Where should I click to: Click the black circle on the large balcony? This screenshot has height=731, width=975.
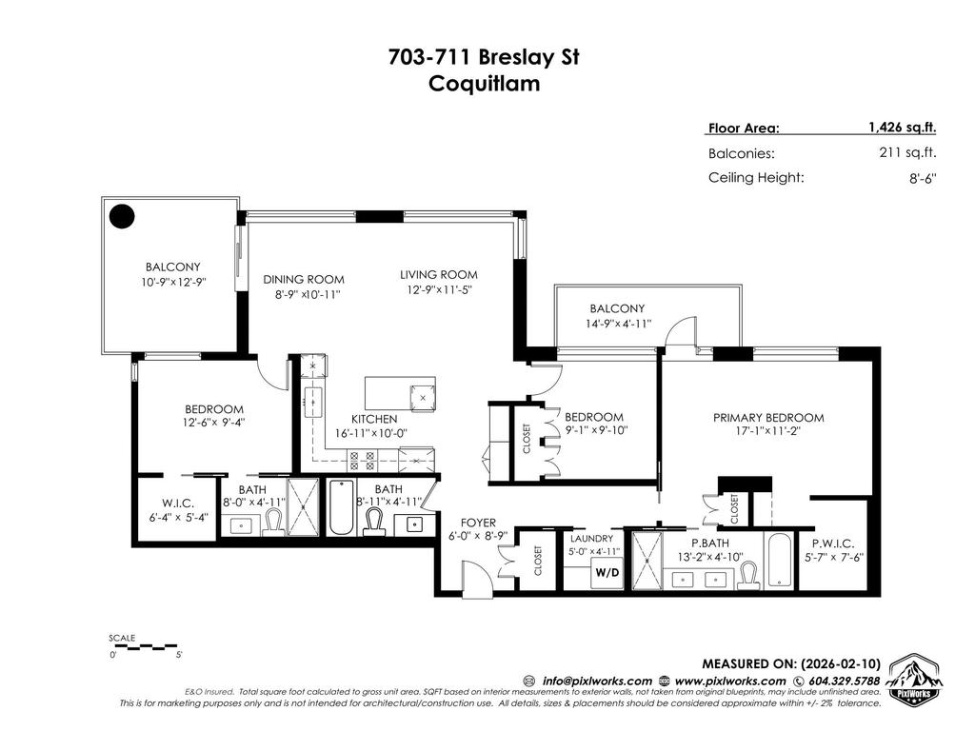click(121, 217)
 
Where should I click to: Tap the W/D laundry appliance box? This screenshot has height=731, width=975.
click(606, 573)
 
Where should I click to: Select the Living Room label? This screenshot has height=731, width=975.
click(438, 276)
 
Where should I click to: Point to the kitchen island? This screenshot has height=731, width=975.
click(400, 394)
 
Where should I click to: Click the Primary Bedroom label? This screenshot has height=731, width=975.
click(768, 417)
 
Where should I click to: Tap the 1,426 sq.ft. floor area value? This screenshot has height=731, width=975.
click(902, 127)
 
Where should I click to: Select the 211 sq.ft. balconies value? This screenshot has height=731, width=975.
click(908, 152)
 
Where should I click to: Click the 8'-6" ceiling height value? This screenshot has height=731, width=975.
click(923, 178)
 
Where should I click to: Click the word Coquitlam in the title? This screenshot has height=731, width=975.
click(485, 83)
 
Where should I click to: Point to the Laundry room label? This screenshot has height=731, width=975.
click(593, 539)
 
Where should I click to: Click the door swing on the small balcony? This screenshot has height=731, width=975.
click(681, 335)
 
